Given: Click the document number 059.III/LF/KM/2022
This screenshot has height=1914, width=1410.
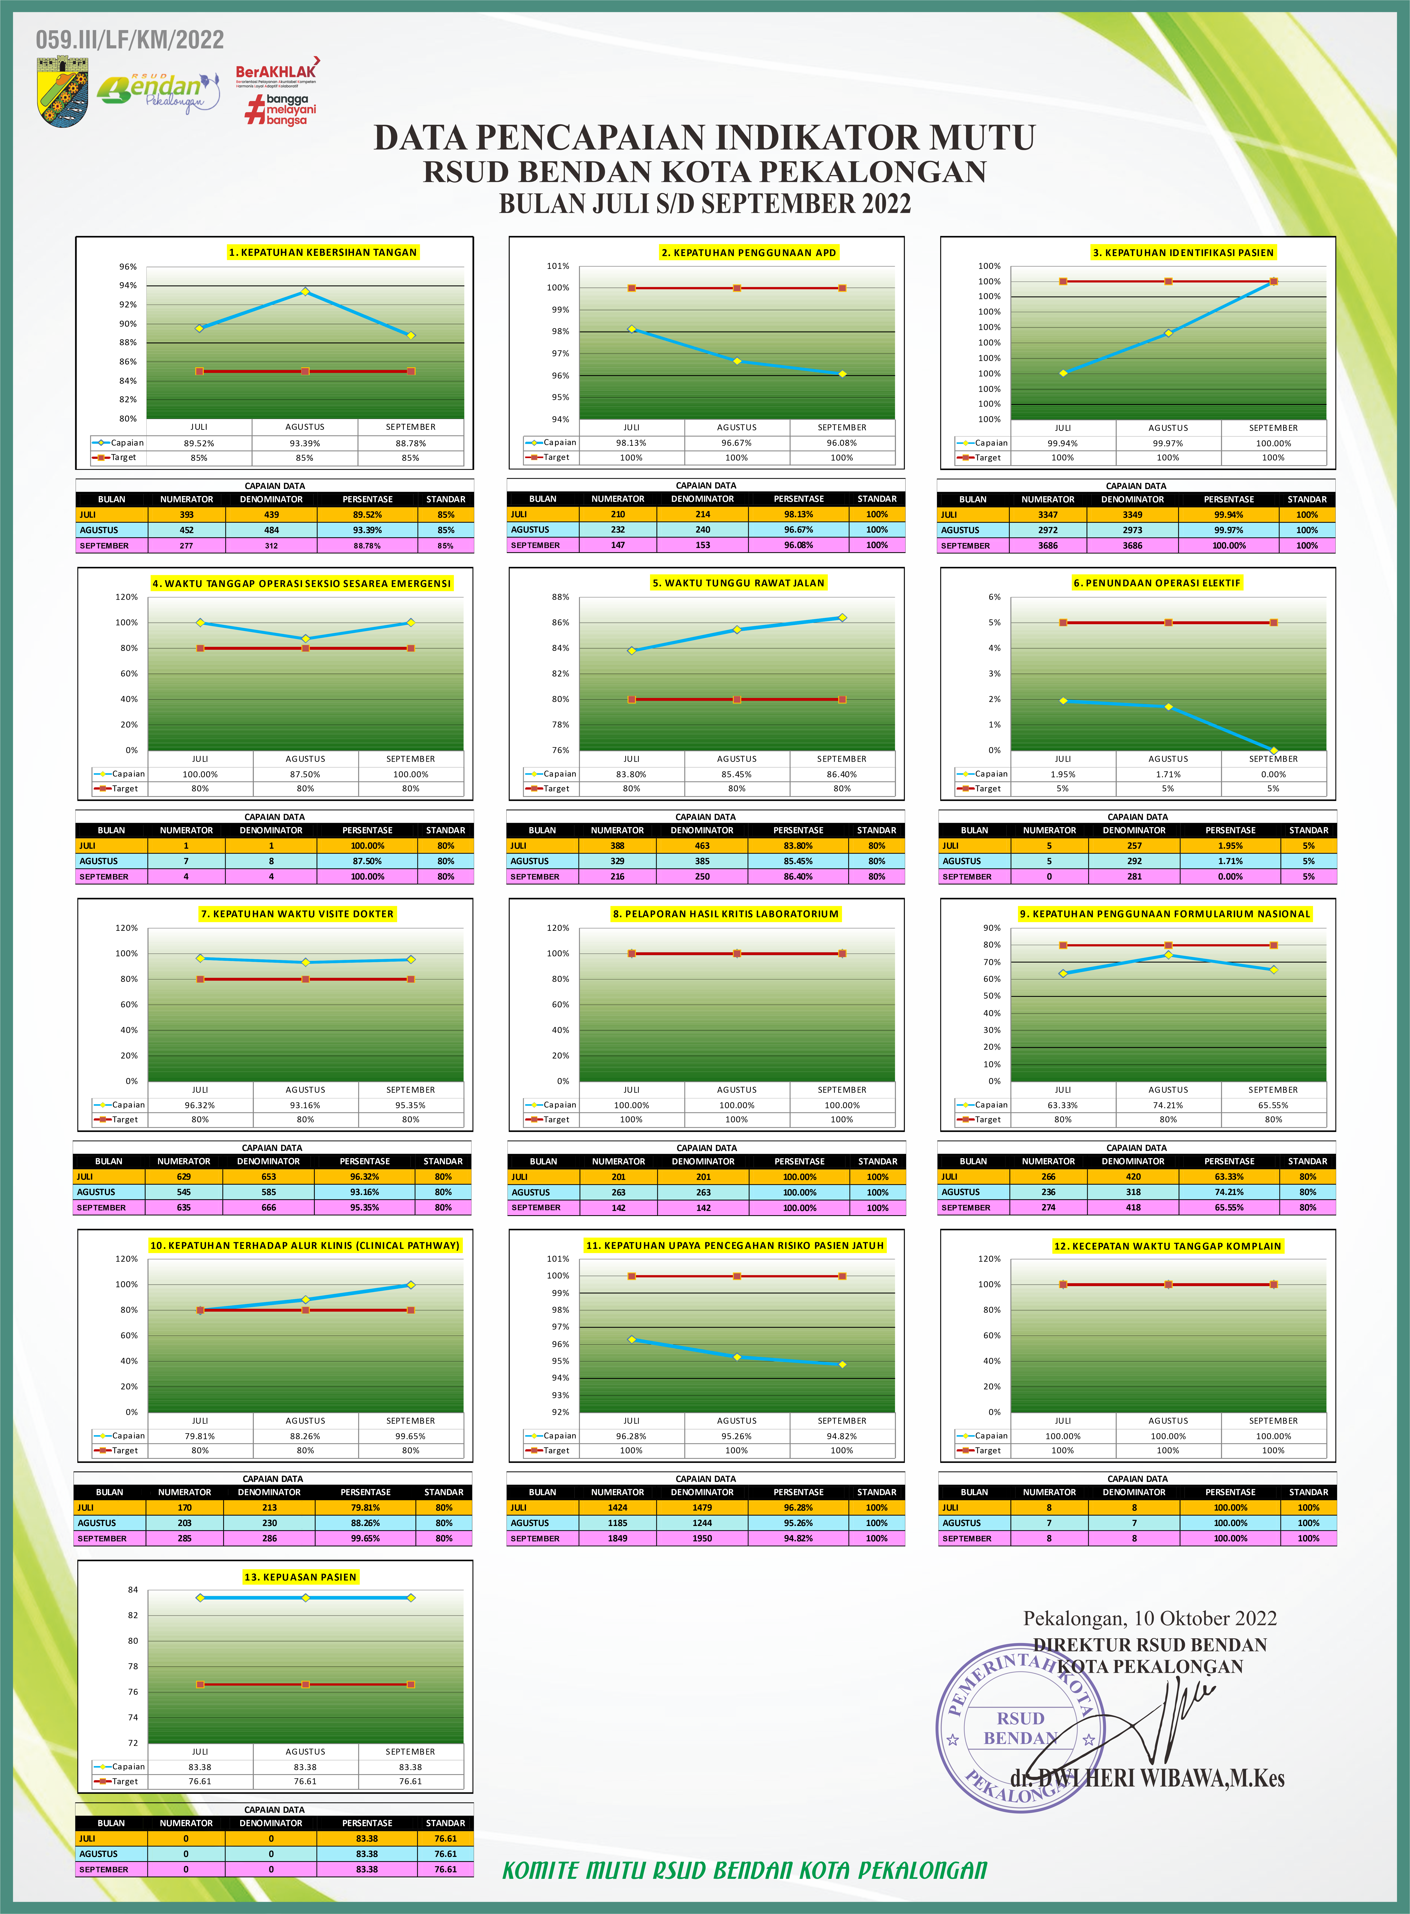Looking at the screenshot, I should point(130,40).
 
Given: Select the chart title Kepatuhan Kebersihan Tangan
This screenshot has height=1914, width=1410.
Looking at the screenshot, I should point(323,253).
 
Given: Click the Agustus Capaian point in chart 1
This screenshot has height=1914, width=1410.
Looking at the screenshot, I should point(305,292).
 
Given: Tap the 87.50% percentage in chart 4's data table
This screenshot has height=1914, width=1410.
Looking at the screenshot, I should point(367,861).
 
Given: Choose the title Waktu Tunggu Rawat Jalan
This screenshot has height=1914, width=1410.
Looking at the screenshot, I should point(738,583).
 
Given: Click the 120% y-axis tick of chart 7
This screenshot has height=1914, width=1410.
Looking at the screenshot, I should point(126,928).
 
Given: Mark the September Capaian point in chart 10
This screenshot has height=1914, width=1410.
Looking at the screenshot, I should point(410,1285).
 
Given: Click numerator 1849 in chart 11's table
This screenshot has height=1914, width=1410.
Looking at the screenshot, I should point(617,1538).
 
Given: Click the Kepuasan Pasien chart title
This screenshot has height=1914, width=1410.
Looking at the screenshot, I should point(300,1577).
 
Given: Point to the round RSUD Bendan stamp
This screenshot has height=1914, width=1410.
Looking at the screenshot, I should point(1020,1727).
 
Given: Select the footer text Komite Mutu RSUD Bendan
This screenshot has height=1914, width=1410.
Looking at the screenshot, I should point(744,1870).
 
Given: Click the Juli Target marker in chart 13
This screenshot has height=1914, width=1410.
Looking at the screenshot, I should point(200,1684).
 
